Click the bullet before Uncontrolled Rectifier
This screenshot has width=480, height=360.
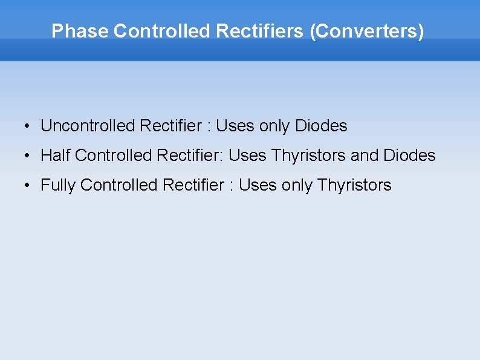coord(28,126)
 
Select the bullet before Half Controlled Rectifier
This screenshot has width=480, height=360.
coord(28,156)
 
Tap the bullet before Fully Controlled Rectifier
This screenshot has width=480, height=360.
coord(28,186)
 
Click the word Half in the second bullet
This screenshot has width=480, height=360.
coord(56,155)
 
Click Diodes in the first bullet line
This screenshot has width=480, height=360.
coord(321,126)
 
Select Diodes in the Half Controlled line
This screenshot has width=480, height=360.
coord(409,155)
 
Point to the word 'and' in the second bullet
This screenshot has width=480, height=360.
coord(365,155)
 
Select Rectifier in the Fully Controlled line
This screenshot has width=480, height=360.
coord(193,185)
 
